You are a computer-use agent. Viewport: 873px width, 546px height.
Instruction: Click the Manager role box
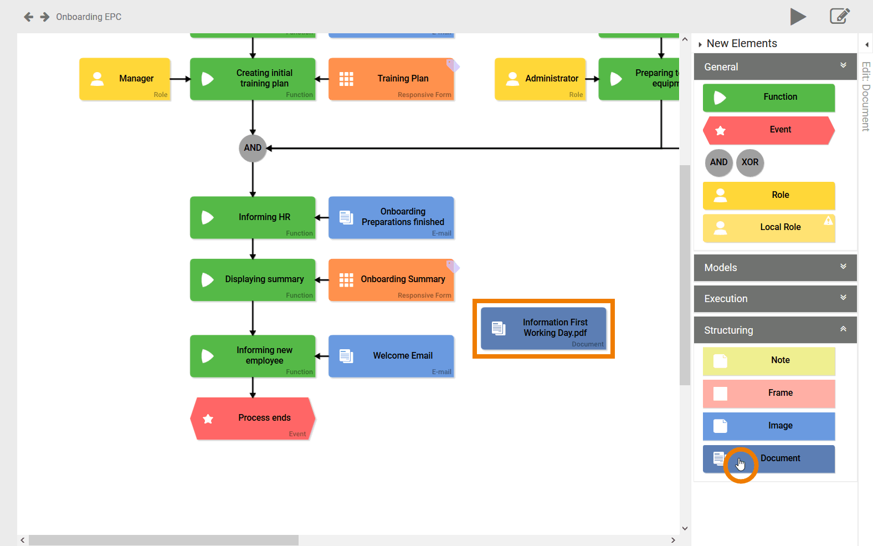pos(125,79)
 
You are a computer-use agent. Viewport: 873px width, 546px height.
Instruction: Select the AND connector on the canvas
pos(253,148)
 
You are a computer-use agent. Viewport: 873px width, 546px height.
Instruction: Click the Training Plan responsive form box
pos(391,79)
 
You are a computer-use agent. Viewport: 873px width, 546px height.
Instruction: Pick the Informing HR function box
pos(253,217)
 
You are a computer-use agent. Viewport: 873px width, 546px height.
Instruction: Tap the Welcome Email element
pos(391,356)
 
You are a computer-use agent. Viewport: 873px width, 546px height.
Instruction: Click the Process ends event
pos(253,419)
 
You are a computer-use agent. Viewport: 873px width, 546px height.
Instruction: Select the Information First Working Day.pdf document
pos(543,328)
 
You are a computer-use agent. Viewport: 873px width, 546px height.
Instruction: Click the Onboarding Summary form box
pos(391,279)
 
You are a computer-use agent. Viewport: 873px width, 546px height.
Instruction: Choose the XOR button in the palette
pos(750,162)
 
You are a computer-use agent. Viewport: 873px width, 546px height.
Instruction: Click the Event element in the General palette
pos(769,130)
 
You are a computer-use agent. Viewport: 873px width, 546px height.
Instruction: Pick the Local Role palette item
pos(769,227)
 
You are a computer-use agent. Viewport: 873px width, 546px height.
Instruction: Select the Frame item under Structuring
pos(769,393)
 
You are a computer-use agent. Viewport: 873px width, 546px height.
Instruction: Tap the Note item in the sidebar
pos(769,360)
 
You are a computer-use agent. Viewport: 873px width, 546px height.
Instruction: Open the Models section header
pos(774,268)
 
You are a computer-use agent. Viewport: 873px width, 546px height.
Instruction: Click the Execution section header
pos(774,299)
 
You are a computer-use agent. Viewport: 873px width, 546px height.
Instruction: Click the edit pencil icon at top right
pos(839,16)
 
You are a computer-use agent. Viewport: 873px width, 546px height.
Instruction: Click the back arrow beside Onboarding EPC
pos(29,17)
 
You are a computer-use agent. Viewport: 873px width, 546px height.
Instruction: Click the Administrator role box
pos(540,79)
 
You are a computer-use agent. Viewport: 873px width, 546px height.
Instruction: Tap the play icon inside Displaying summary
pos(208,280)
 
